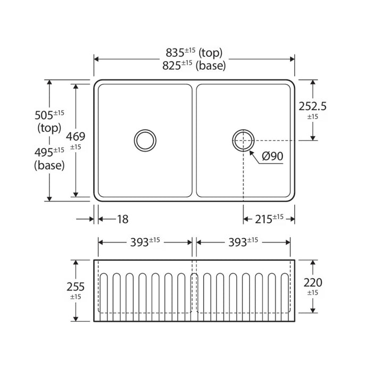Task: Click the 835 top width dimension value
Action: [175, 53]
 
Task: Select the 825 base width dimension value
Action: [171, 65]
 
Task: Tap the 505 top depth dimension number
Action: [44, 115]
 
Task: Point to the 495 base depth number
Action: [44, 153]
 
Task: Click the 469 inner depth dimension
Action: [76, 137]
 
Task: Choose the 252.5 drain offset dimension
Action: [313, 106]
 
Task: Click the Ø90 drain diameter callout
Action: [272, 156]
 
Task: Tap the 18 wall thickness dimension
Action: [123, 219]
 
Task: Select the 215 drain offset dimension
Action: [263, 219]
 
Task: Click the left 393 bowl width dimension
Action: [139, 243]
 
